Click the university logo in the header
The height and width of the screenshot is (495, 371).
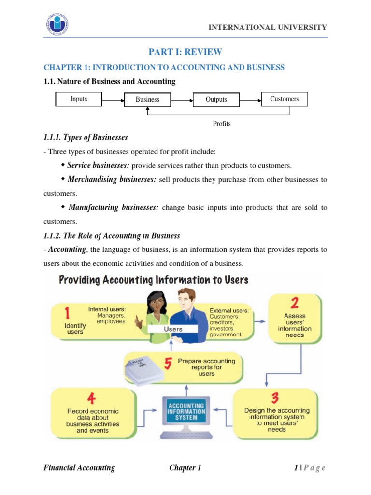(57, 25)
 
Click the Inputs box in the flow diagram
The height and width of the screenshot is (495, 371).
(79, 99)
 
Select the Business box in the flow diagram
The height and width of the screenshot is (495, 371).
(147, 100)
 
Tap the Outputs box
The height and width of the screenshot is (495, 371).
(216, 100)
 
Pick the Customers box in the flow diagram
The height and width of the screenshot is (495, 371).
(284, 99)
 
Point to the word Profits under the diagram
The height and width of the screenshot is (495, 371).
(222, 124)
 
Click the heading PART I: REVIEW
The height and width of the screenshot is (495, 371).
(185, 52)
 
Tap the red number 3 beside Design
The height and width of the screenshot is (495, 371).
(274, 398)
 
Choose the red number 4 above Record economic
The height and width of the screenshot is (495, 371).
(92, 398)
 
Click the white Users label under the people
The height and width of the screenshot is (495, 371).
(173, 329)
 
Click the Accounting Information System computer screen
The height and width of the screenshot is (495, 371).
(186, 411)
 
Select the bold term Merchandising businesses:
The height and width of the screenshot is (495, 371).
(112, 179)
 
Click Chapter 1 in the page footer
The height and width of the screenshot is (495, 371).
(185, 467)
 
